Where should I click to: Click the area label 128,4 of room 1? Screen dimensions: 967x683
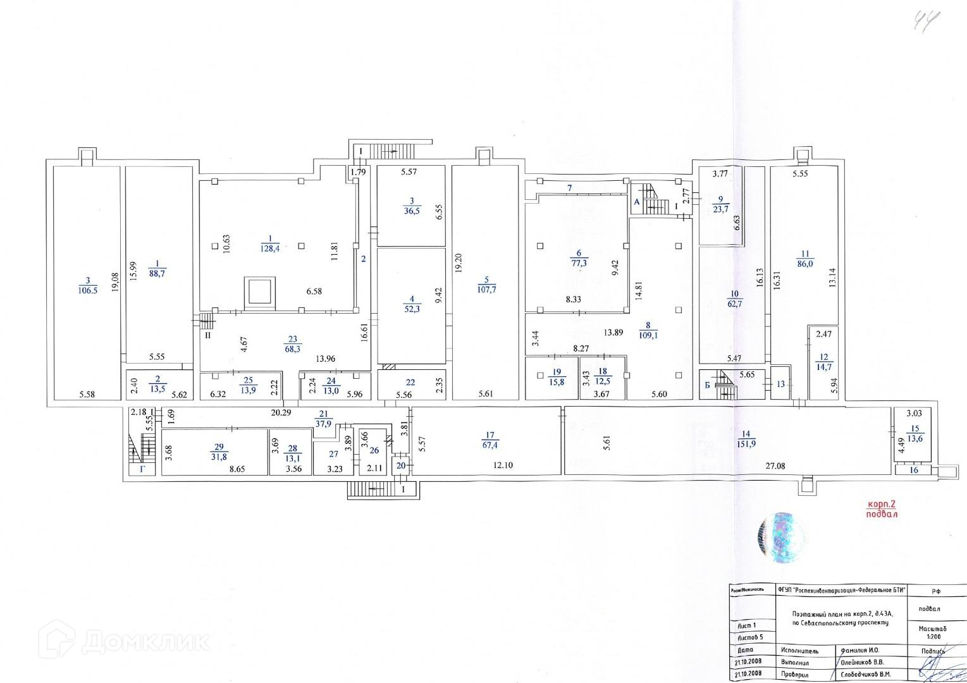coord(270,249)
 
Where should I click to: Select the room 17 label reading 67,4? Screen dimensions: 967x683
coord(490,445)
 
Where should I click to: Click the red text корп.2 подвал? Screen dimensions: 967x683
coord(882,509)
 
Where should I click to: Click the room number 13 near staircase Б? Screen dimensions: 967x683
coord(780,384)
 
